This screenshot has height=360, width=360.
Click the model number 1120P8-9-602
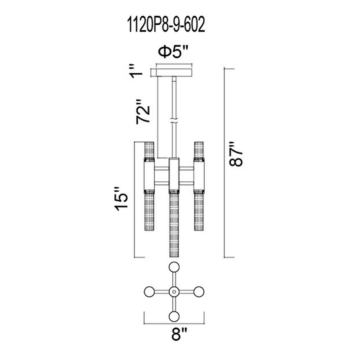166,25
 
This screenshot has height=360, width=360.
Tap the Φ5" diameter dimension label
174,52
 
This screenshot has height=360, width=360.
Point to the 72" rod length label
143,112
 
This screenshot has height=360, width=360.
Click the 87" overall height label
236,153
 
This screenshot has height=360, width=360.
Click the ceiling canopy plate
174,72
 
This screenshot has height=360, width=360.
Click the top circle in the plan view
174,267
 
